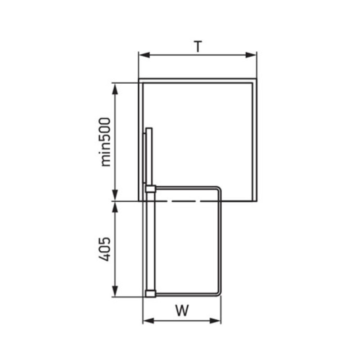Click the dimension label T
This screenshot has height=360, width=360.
point(198,46)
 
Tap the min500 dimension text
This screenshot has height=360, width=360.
point(105,142)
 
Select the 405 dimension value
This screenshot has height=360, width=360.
point(105,249)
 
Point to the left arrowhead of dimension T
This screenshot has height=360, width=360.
point(144,55)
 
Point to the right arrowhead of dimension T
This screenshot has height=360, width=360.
point(251,55)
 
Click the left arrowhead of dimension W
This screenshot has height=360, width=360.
point(148,321)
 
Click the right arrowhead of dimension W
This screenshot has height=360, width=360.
point(215,321)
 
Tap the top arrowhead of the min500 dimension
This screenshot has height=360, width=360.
point(115,89)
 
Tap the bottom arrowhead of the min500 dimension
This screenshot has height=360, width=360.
point(115,195)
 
